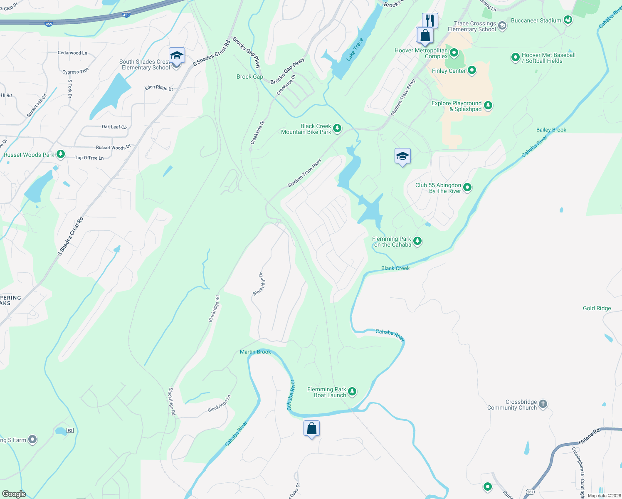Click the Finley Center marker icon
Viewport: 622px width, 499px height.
(471, 70)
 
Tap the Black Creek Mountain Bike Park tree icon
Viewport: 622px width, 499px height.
(337, 128)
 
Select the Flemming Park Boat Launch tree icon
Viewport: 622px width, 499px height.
(352, 391)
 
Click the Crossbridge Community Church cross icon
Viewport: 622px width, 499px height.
(543, 404)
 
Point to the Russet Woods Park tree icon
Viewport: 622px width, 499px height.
(61, 154)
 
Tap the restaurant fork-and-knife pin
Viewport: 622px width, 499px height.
(430, 20)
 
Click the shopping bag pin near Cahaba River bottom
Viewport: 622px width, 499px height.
(311, 428)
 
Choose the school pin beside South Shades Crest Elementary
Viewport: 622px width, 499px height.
(177, 56)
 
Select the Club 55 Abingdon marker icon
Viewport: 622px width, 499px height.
(467, 188)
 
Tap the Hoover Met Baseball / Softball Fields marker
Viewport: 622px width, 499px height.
(516, 57)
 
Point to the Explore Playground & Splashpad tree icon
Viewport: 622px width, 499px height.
(488, 106)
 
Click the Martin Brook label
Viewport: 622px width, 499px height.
(255, 352)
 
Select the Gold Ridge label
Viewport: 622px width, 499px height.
(597, 308)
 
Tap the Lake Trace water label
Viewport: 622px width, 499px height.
(355, 49)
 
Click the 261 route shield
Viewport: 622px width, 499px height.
(530, 492)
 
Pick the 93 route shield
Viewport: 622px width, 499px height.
(70, 430)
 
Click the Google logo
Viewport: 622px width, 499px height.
(14, 494)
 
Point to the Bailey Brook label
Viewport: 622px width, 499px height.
(551, 130)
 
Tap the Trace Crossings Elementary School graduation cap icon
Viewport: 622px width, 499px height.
(502, 26)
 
